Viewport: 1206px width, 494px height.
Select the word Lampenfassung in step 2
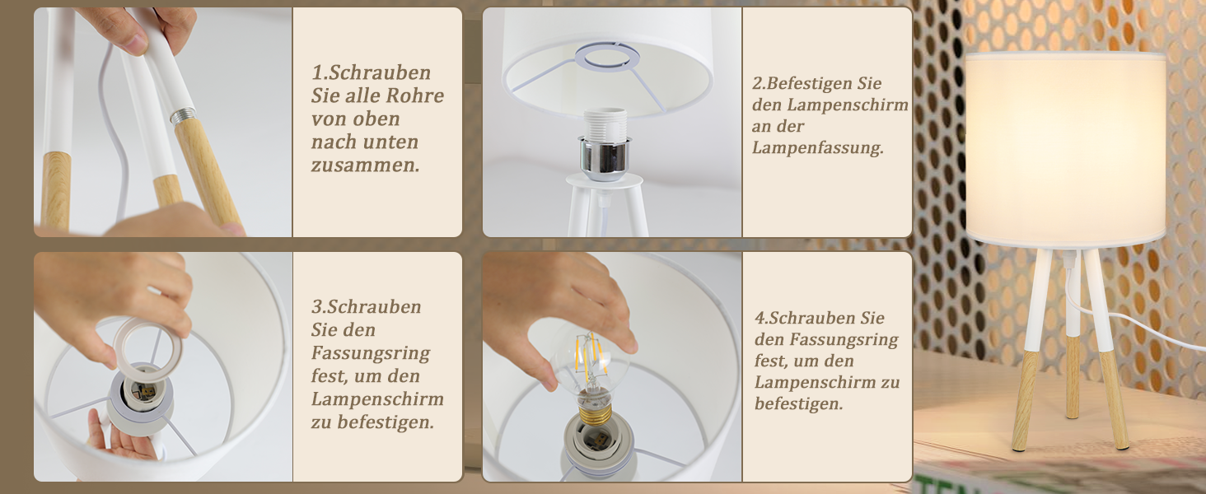[816, 147]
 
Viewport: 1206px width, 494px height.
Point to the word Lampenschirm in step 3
[377, 399]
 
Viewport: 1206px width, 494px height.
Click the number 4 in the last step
[760, 318]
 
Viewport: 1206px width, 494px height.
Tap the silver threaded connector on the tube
[183, 115]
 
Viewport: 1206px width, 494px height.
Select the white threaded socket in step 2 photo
[605, 125]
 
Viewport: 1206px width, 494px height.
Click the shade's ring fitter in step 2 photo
[607, 57]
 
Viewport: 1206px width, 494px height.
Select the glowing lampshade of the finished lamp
[1066, 151]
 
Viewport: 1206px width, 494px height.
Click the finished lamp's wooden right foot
[1113, 400]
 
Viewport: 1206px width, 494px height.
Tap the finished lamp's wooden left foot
[1025, 401]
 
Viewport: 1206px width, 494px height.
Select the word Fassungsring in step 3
[371, 353]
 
